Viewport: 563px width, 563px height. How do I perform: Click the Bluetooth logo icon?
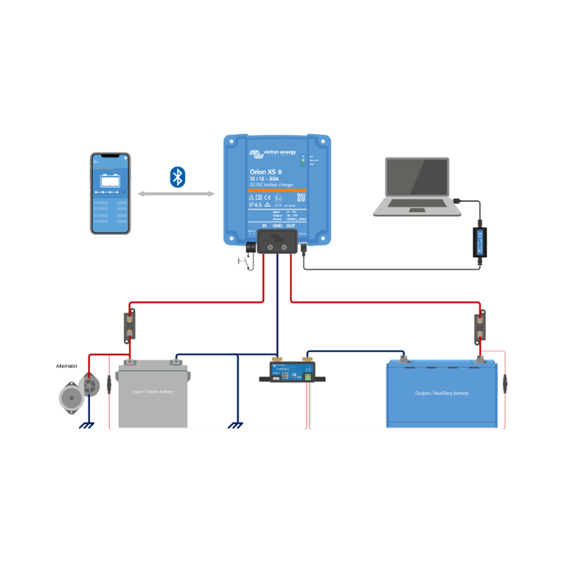click(178, 177)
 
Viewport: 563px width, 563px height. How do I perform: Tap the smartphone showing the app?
click(110, 193)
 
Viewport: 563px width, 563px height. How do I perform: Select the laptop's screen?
click(417, 179)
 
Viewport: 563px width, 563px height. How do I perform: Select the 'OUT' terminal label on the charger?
click(290, 227)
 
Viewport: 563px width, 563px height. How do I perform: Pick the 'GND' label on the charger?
click(277, 227)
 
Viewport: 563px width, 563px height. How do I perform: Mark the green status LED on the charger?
click(303, 160)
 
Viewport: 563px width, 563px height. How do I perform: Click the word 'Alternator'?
click(67, 366)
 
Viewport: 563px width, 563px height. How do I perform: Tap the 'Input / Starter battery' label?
click(153, 392)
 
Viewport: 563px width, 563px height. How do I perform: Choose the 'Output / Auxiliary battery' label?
click(442, 393)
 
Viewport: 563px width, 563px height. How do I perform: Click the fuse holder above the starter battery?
click(130, 327)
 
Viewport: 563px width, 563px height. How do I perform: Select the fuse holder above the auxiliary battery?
click(481, 327)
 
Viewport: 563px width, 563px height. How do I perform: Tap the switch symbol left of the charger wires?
click(245, 262)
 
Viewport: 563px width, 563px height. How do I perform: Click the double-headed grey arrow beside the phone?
click(176, 194)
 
